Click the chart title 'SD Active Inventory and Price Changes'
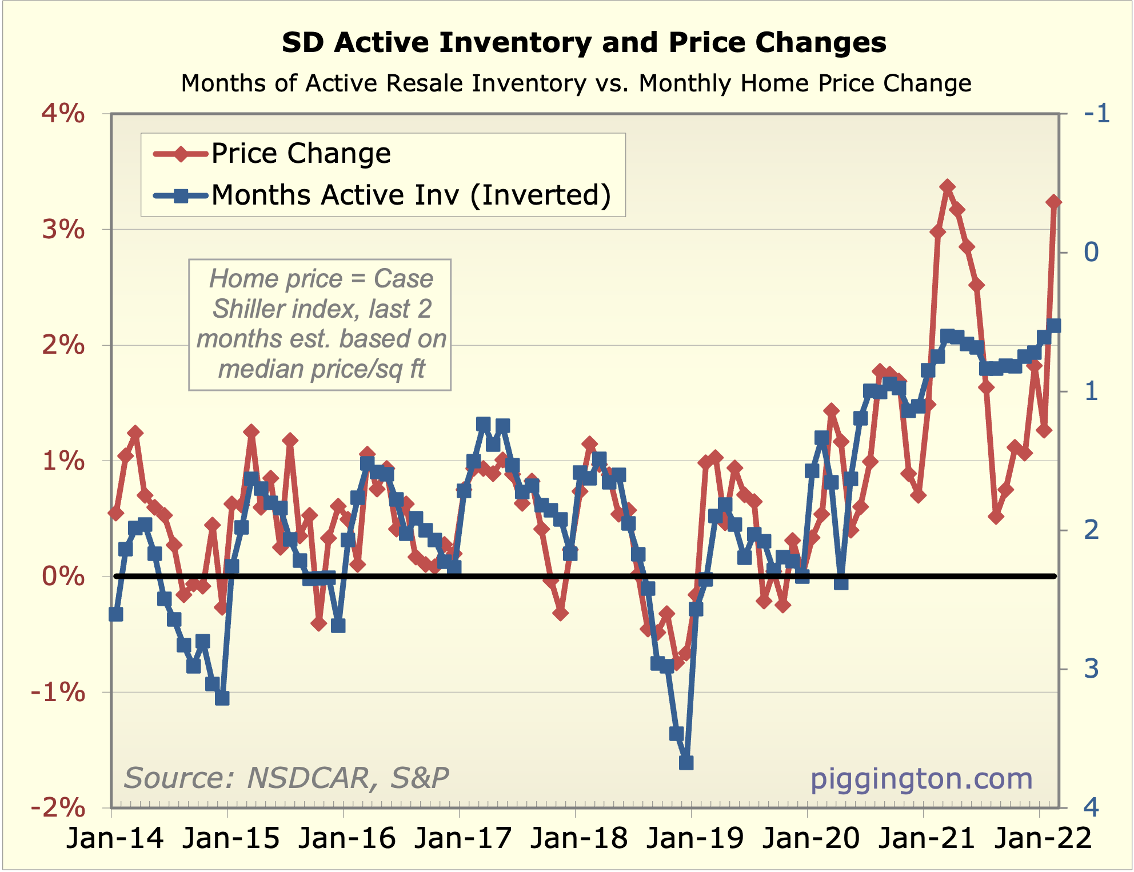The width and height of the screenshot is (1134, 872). (584, 43)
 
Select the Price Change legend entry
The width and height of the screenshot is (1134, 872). (301, 153)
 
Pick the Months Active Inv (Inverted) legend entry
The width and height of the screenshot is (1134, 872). (411, 195)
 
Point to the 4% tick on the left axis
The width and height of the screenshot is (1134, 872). (63, 114)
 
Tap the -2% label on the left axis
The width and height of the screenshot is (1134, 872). (58, 807)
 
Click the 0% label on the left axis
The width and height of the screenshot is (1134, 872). (63, 575)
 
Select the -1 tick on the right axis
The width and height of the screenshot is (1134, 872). (1096, 114)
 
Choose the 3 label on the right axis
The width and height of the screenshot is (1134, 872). (1091, 669)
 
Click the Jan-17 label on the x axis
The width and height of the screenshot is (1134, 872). (462, 838)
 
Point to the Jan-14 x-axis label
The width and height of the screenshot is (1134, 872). (115, 838)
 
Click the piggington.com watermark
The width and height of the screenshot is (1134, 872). (921, 778)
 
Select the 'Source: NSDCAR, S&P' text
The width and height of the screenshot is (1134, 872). (286, 778)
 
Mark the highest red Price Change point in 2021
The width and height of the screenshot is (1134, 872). (947, 187)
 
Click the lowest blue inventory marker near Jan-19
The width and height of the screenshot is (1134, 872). (686, 762)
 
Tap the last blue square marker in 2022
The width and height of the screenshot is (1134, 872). (1053, 326)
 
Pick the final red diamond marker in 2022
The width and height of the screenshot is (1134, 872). (1053, 202)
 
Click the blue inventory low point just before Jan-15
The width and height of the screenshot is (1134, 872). (222, 698)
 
